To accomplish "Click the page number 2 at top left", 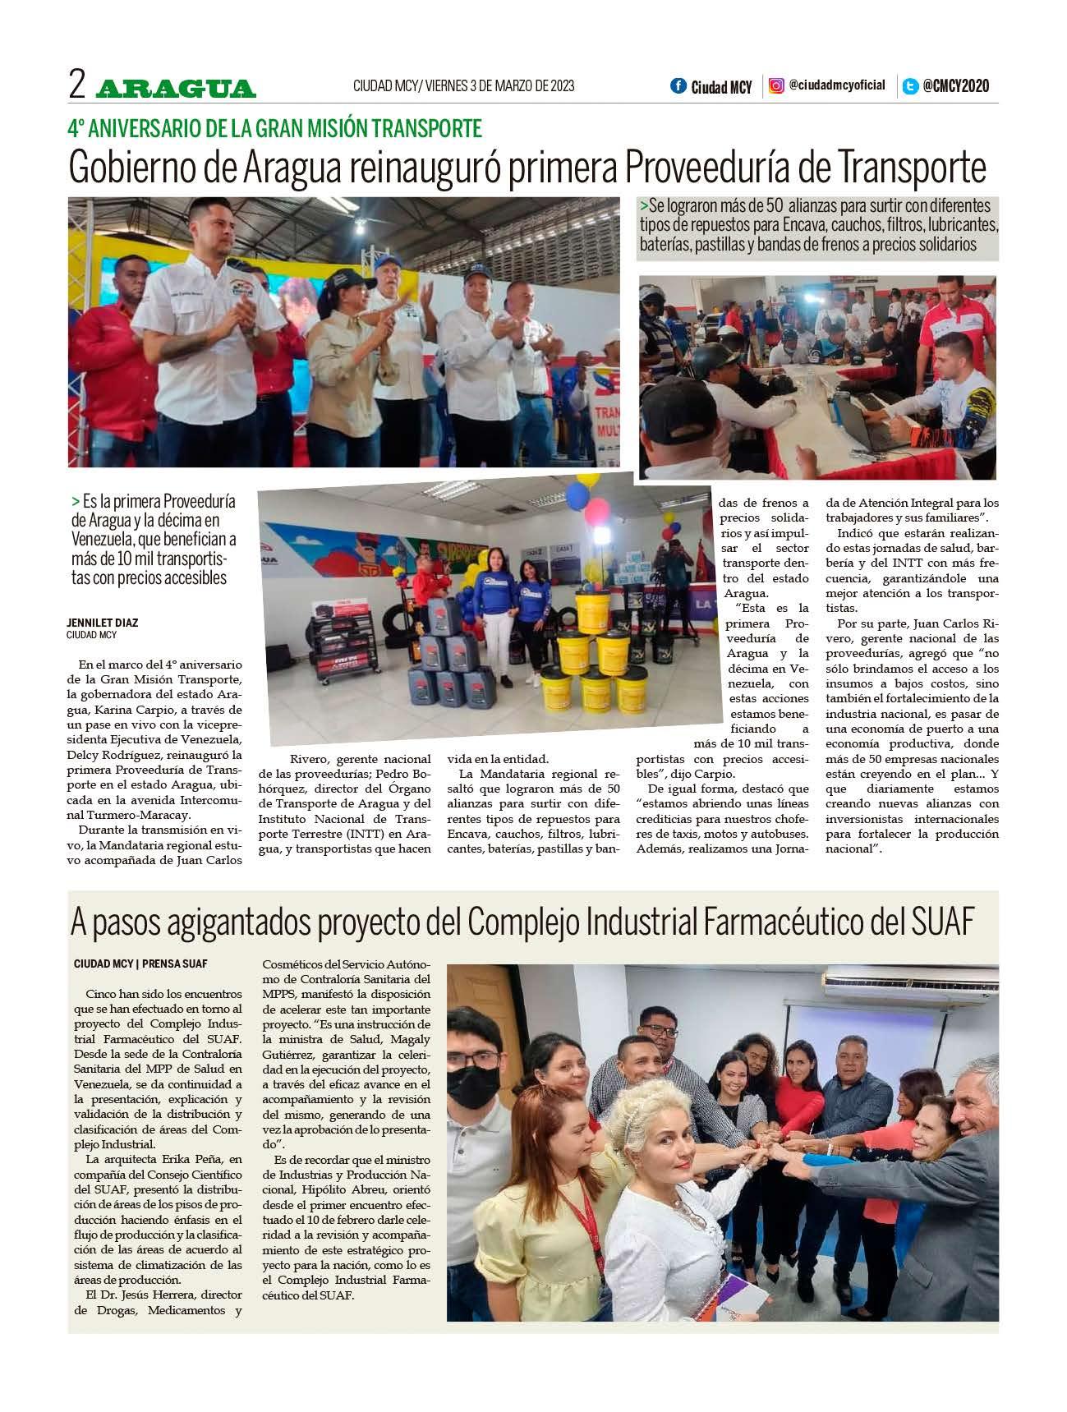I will [78, 85].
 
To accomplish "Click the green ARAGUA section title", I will [176, 88].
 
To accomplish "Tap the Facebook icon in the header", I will [678, 85].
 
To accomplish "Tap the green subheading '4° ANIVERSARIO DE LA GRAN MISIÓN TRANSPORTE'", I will [274, 128].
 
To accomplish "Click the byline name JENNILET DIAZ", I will [103, 623].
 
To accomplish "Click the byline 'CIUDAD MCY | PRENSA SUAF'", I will [140, 963].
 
